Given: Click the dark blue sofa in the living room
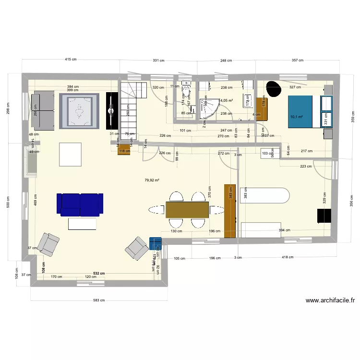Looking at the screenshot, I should pyautogui.click(x=80, y=204).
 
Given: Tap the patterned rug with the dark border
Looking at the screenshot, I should pyautogui.click(x=79, y=111).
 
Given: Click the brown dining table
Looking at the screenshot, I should pyautogui.click(x=187, y=210).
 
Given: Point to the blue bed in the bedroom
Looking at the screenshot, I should pyautogui.click(x=300, y=112).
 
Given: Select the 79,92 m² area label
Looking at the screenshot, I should pyautogui.click(x=152, y=180).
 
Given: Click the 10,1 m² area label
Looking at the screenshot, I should pyautogui.click(x=297, y=116).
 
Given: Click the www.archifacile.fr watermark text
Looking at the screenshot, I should pyautogui.click(x=330, y=301).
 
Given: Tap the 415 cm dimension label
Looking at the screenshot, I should pyautogui.click(x=71, y=60).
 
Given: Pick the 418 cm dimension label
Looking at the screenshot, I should pyautogui.click(x=288, y=258).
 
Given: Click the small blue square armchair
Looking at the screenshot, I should pyautogui.click(x=156, y=244).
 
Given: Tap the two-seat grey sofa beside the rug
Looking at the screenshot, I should pyautogui.click(x=42, y=111).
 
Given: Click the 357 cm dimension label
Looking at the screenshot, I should pyautogui.click(x=298, y=60).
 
